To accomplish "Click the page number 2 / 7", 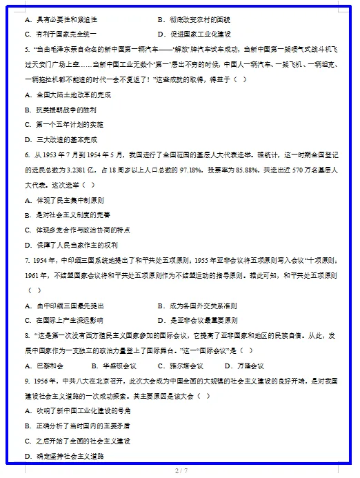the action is [x=181, y=470].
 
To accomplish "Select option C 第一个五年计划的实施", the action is [x=63, y=125].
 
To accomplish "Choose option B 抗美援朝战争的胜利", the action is [x=60, y=110].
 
